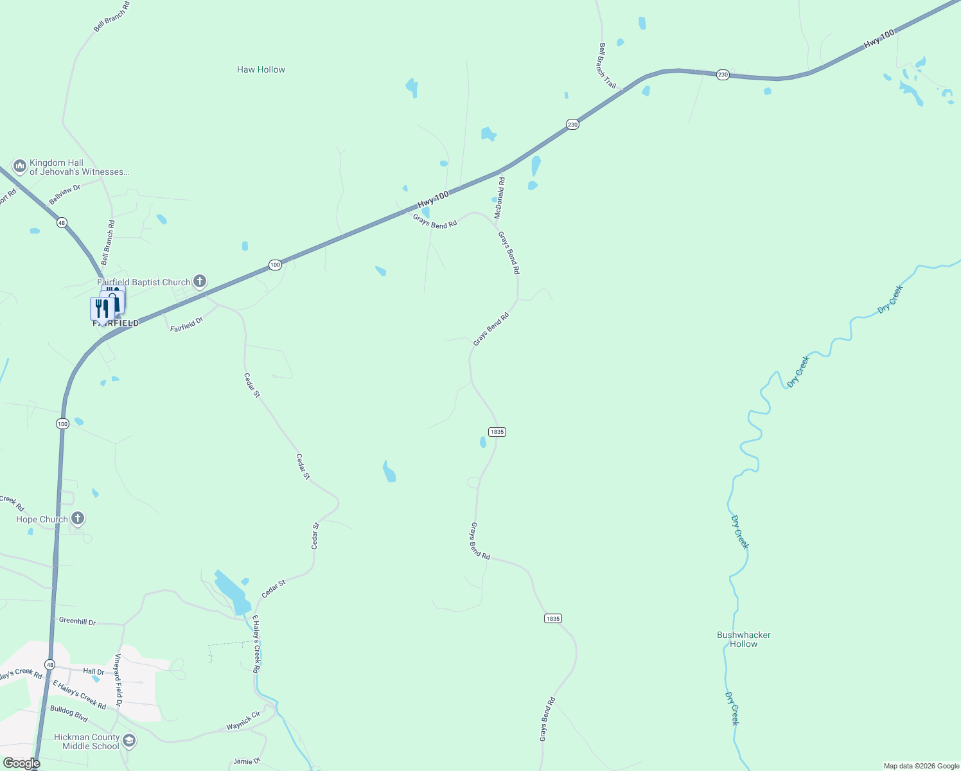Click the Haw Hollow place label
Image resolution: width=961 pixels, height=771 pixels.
(x=261, y=69)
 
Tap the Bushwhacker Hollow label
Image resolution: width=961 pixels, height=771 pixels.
(x=743, y=639)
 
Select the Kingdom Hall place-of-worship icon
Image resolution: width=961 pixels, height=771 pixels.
(x=19, y=167)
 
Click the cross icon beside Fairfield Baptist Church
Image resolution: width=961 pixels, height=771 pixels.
(x=200, y=281)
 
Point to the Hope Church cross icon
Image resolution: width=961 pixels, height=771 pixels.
(x=77, y=518)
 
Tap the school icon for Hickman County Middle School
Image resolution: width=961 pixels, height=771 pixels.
(x=129, y=741)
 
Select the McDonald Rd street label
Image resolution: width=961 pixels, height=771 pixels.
(x=499, y=198)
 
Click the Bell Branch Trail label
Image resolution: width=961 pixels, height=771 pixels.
(x=607, y=66)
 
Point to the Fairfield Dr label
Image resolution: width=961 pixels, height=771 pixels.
(x=186, y=324)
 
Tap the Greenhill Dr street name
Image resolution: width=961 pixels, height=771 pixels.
(x=77, y=621)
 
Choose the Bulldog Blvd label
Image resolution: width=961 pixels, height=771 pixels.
(x=69, y=713)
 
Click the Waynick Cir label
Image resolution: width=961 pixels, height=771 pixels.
(x=243, y=721)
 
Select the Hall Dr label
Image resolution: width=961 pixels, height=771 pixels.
(x=94, y=671)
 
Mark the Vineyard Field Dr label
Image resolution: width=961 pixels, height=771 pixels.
(x=118, y=680)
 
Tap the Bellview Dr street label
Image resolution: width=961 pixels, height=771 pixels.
(x=65, y=194)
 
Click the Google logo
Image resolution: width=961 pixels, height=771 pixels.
(x=21, y=763)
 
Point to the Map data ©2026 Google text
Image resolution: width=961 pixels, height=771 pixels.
(x=921, y=766)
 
